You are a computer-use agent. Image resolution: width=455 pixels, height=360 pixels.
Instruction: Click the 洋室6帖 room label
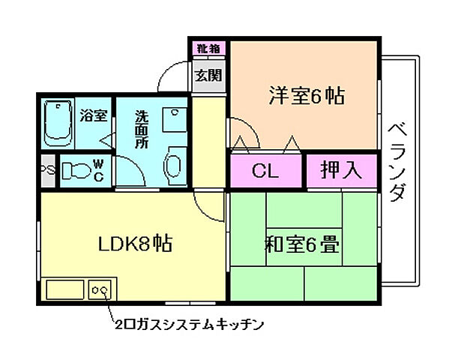coord(306,96)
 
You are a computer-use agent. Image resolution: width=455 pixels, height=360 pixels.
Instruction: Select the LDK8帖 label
coord(136,244)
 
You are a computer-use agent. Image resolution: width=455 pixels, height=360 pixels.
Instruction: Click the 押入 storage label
coord(341,171)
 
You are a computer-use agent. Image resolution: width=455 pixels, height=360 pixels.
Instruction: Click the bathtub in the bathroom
coord(57,123)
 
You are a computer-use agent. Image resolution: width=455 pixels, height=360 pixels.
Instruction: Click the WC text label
coord(98,170)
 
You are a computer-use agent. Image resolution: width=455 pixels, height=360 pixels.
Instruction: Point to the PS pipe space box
coord(46,169)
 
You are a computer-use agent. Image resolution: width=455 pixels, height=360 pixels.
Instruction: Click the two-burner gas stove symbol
coord(101,288)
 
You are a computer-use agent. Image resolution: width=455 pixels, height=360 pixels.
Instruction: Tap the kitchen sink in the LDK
coord(66,289)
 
